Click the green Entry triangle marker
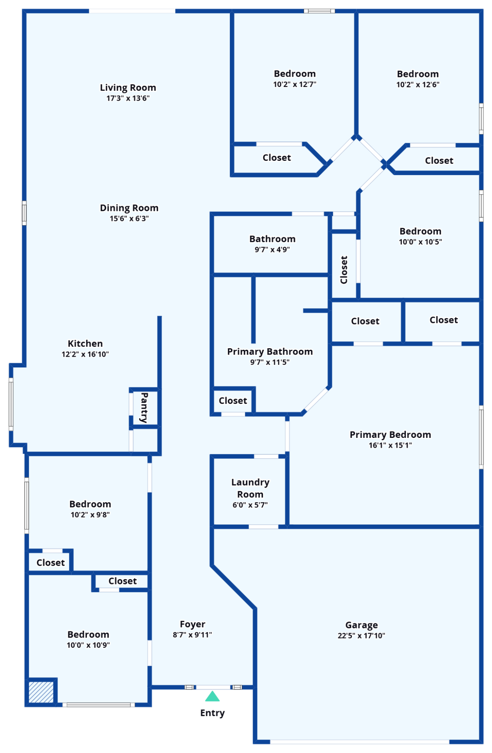(x=212, y=696)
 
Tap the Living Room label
(x=128, y=88)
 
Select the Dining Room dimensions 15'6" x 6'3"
(x=129, y=219)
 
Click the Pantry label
(x=144, y=408)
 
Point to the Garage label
(x=361, y=625)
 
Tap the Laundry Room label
(x=250, y=488)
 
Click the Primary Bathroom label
(x=270, y=352)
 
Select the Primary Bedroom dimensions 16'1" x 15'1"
(x=390, y=445)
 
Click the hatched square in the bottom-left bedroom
(x=41, y=692)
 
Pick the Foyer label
(x=192, y=624)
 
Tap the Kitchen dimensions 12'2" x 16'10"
(x=85, y=354)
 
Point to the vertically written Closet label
(x=344, y=270)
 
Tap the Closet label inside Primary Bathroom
(x=233, y=401)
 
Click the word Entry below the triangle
(x=213, y=713)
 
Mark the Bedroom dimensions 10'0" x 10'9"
(x=88, y=645)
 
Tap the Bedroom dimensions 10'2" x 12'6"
(x=418, y=85)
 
